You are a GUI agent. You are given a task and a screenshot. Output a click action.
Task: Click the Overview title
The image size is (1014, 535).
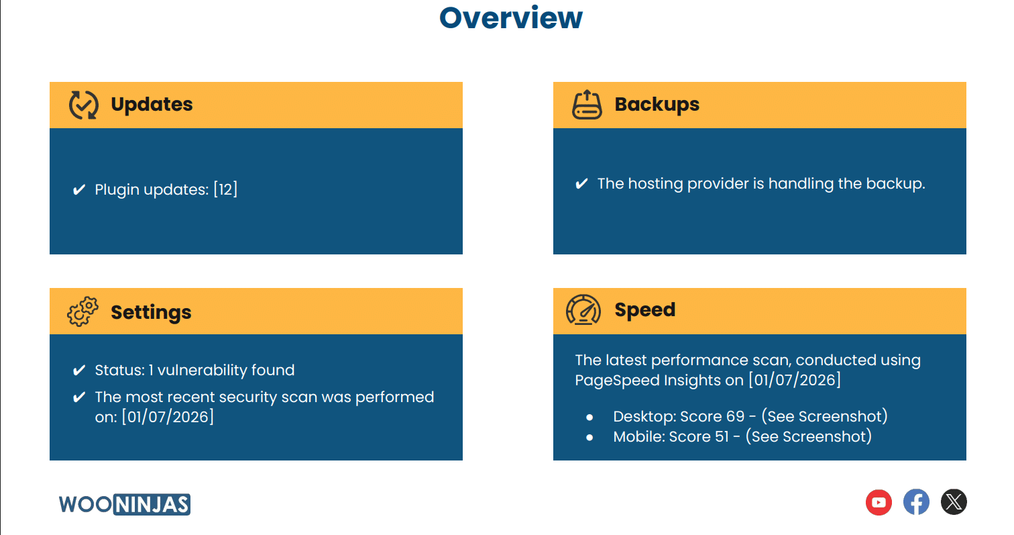[510, 18]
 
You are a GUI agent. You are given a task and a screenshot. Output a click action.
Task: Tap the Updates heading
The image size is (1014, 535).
[152, 105]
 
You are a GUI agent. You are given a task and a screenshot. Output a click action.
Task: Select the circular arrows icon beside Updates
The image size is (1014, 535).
[84, 105]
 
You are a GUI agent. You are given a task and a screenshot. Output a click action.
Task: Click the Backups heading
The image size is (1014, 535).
[657, 105]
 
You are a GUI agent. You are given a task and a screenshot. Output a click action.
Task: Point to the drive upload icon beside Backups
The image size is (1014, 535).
[587, 105]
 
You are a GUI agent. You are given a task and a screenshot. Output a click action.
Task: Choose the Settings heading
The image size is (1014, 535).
[151, 312]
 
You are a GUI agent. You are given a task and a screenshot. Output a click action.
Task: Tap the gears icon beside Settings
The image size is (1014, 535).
[83, 311]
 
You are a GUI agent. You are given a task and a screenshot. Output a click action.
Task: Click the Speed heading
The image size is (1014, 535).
[644, 310]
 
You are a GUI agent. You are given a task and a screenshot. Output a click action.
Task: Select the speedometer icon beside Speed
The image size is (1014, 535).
[583, 310]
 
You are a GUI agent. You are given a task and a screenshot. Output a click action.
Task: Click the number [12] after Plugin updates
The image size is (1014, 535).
[225, 189]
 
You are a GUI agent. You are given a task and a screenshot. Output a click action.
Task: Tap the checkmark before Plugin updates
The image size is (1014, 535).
[79, 189]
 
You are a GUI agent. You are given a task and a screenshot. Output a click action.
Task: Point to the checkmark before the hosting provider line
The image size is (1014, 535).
[581, 183]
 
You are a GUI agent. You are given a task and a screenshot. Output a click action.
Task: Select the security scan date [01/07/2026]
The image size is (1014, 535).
[168, 417]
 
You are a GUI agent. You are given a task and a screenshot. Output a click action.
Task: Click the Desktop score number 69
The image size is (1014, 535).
[735, 416]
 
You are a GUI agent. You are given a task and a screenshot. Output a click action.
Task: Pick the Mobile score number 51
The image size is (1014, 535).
[722, 437]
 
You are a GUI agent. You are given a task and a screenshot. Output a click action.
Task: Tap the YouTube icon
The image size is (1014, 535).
[879, 502]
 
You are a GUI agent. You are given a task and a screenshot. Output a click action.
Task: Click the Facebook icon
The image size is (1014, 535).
[916, 502]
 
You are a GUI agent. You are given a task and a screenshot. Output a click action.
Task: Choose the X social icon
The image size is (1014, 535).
[954, 502]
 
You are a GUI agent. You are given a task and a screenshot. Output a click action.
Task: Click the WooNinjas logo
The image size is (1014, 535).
[125, 504]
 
